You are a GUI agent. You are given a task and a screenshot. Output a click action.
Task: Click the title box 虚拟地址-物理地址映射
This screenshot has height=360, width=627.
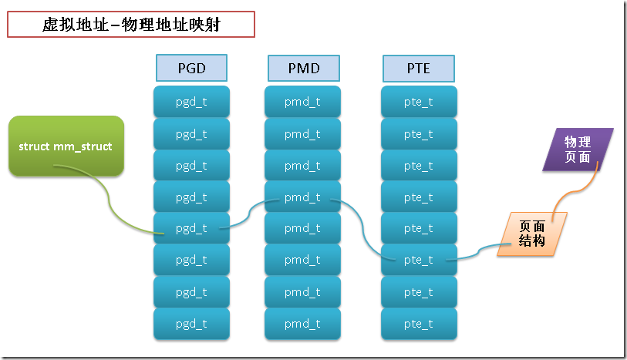click(130, 25)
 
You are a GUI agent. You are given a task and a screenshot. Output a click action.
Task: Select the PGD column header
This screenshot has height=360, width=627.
click(191, 68)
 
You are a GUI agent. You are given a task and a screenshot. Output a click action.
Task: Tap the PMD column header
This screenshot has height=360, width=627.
click(303, 68)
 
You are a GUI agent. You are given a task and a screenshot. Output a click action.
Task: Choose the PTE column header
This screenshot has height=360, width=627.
click(417, 68)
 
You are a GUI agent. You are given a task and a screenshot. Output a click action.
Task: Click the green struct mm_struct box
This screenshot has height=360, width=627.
click(66, 146)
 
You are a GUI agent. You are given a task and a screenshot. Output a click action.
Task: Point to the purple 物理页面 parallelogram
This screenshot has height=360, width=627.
click(578, 149)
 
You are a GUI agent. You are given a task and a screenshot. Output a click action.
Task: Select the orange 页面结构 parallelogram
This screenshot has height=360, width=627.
click(532, 234)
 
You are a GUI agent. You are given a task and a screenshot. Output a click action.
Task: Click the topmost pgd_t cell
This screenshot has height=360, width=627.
click(191, 102)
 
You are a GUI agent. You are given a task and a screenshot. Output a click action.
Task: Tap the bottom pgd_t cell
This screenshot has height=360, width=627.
click(191, 324)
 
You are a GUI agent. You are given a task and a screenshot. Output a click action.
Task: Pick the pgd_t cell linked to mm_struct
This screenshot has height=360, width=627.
click(191, 228)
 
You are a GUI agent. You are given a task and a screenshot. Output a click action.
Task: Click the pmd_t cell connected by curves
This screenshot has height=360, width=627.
click(303, 197)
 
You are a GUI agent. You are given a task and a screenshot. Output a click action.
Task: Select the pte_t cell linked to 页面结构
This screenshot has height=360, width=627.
click(418, 260)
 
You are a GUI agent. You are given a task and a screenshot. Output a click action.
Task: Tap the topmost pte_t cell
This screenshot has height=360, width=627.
click(418, 102)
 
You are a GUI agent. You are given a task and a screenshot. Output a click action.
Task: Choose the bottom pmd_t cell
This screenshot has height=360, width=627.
click(303, 324)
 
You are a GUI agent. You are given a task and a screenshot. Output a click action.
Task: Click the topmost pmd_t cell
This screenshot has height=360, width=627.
click(303, 102)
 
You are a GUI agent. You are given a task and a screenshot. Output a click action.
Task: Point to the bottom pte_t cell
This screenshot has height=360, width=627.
click(418, 324)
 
